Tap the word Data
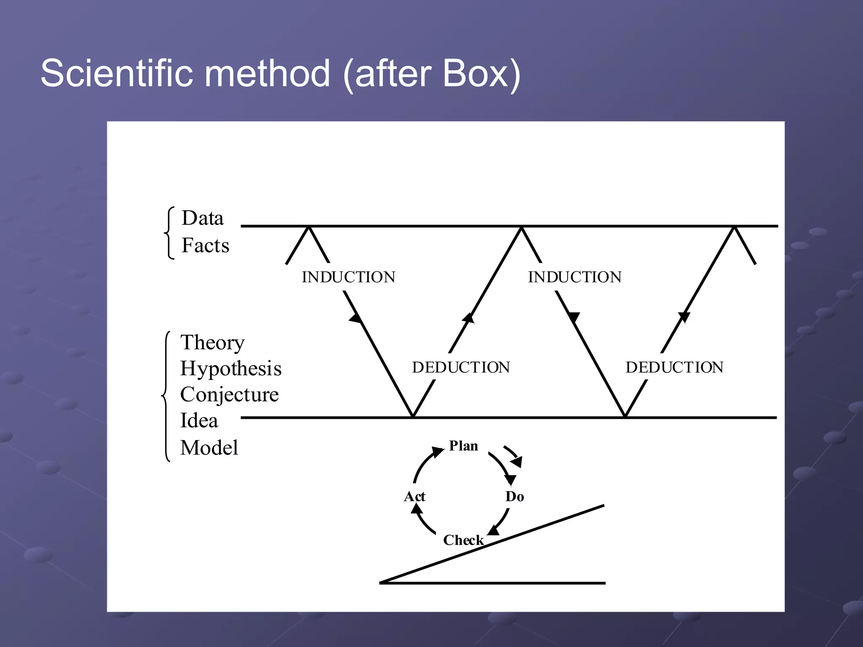coord(202,218)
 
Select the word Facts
coord(205,246)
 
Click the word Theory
coord(212,343)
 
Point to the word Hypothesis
coord(230,369)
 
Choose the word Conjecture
coord(229,395)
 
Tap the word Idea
coord(199,421)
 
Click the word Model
coord(209,447)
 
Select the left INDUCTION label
coord(348,277)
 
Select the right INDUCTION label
coord(575,277)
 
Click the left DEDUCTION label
coord(461,367)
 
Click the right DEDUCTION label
coord(674,367)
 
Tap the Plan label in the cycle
coord(464,446)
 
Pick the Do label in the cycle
coord(515,497)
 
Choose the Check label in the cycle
coord(463,540)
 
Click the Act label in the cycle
coord(414,497)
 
